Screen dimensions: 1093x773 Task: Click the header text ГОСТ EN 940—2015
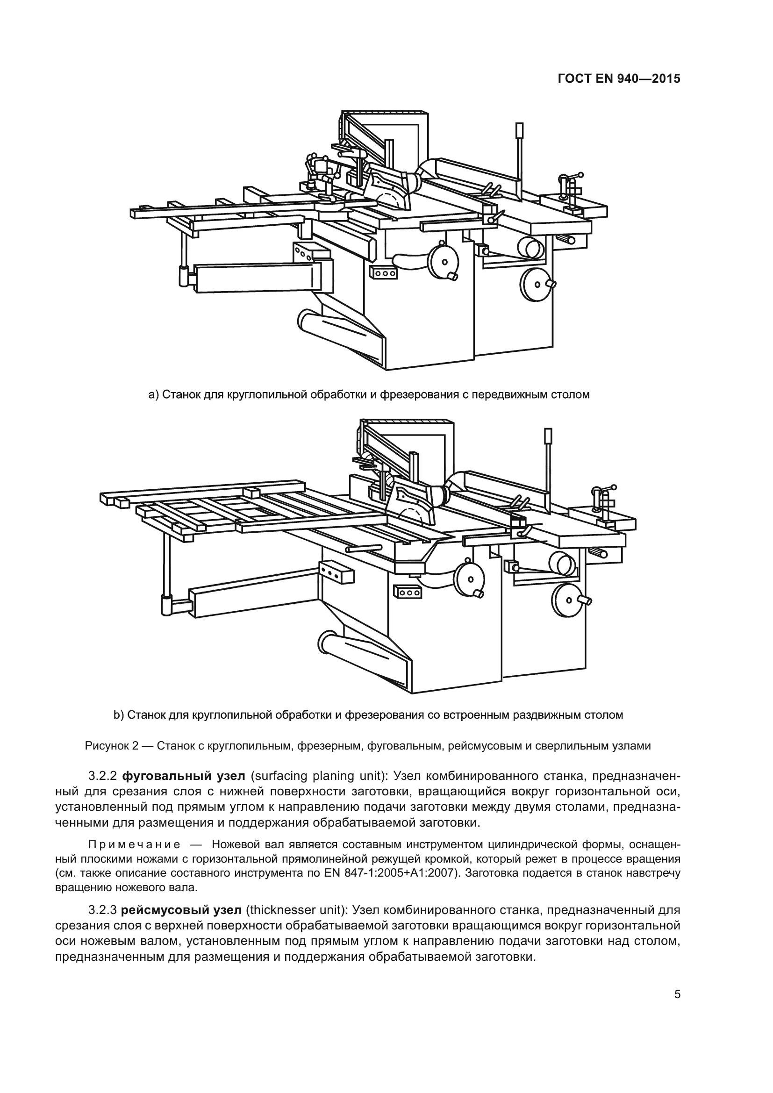pos(618,79)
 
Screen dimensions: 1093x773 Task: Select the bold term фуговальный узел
pos(184,777)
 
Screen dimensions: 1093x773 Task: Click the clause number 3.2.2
pos(102,777)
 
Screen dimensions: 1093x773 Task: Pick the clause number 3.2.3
pos(102,911)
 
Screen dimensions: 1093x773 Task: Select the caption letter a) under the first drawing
pos(153,395)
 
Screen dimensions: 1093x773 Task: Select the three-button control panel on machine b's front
pos(408,593)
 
